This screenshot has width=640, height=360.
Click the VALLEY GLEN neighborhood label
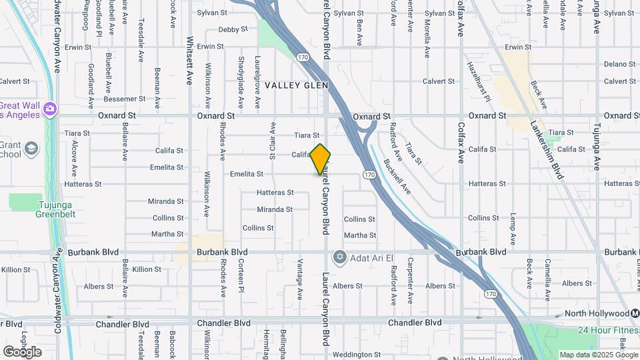[x=296, y=85]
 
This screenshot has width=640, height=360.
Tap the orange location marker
[x=321, y=159]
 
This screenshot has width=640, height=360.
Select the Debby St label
[x=233, y=29]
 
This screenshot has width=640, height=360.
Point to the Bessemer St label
[x=125, y=99]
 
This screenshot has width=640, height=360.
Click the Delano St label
[x=620, y=64]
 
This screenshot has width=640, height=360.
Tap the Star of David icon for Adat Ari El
[x=339, y=257]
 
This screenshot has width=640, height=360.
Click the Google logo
[x=22, y=351]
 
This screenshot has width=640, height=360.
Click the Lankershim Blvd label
[x=547, y=150]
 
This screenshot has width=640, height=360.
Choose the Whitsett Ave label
[x=190, y=60]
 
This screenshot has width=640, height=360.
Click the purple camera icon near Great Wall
[x=49, y=109]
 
